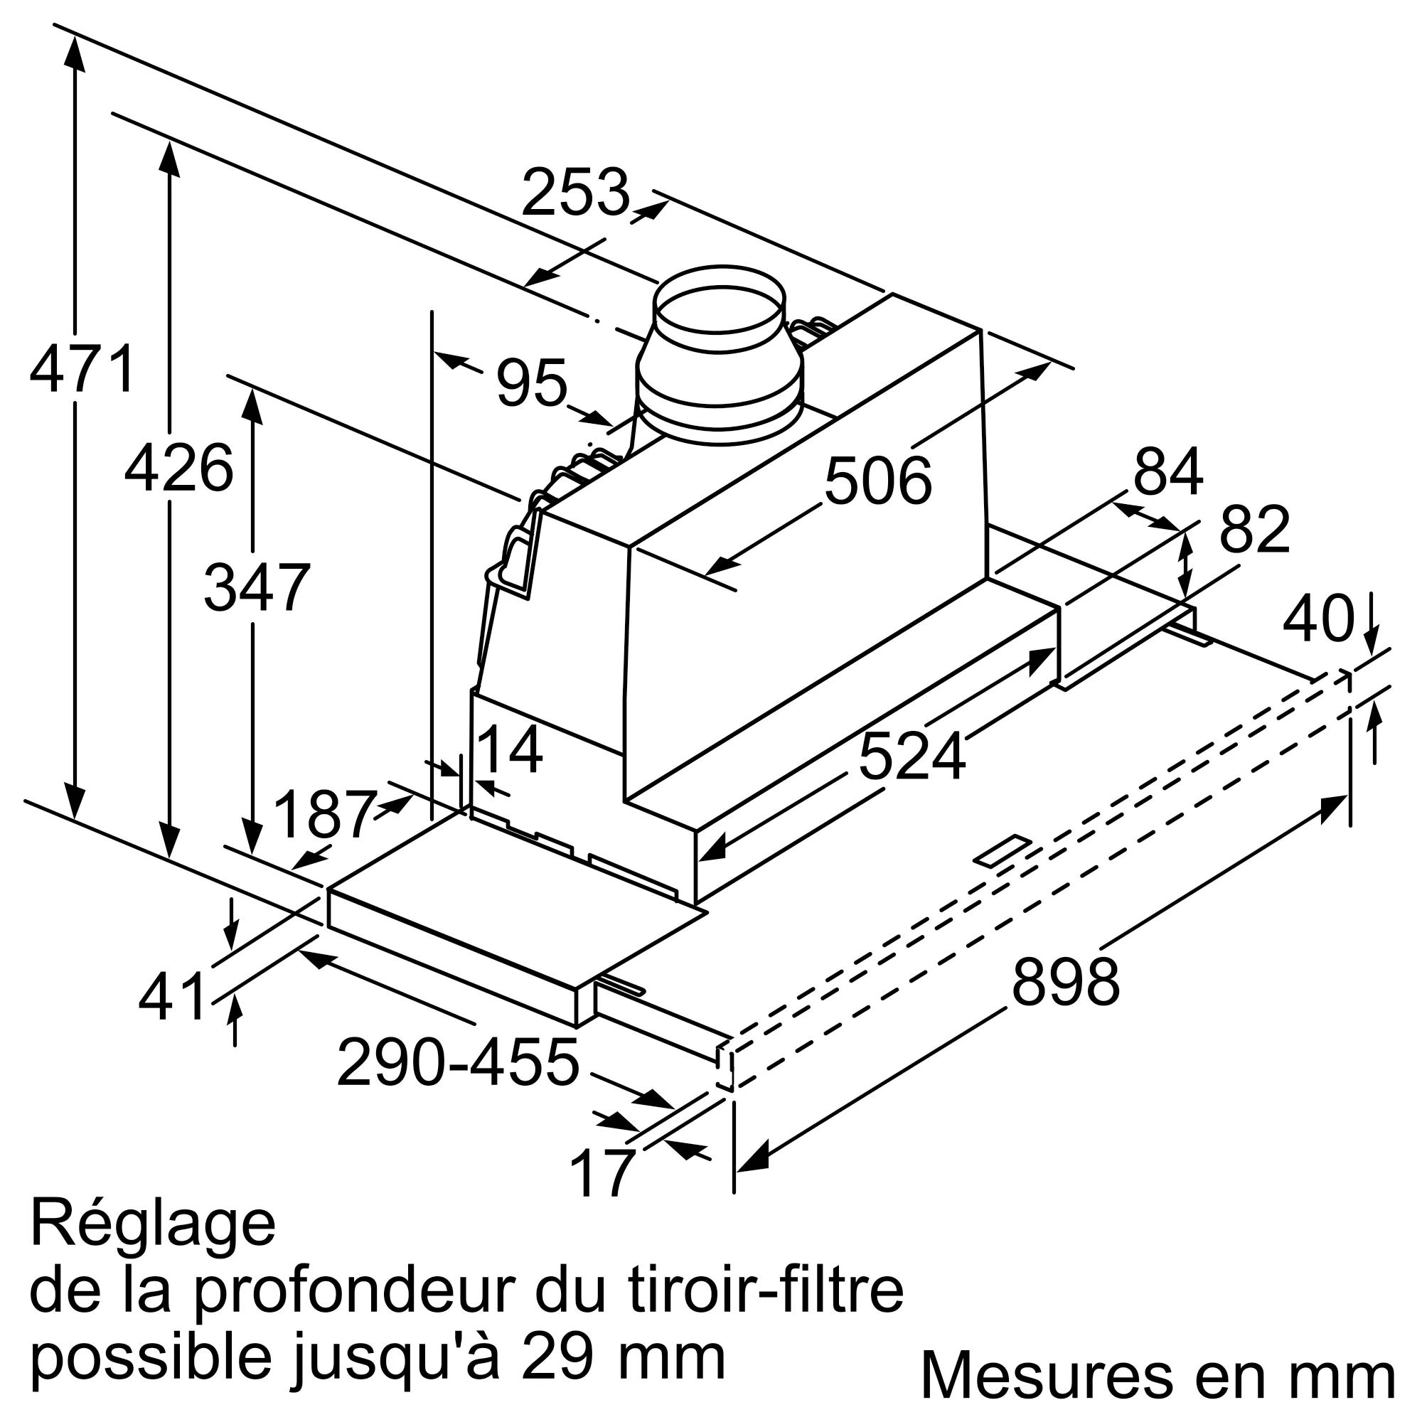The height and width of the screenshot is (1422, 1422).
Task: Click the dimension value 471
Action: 82,369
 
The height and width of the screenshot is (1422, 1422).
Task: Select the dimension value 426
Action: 179,469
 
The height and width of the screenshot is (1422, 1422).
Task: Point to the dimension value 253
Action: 576,193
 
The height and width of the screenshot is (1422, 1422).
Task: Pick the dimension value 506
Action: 878,481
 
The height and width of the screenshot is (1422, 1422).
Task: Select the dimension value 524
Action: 912,757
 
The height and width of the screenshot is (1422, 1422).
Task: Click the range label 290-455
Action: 458,1063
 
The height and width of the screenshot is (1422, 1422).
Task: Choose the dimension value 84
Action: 1168,473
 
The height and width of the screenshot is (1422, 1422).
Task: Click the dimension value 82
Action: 1255,529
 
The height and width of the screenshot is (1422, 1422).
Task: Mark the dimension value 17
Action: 602,1174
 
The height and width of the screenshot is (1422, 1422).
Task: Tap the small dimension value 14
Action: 510,750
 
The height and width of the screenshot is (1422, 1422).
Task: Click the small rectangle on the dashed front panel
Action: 1003,852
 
